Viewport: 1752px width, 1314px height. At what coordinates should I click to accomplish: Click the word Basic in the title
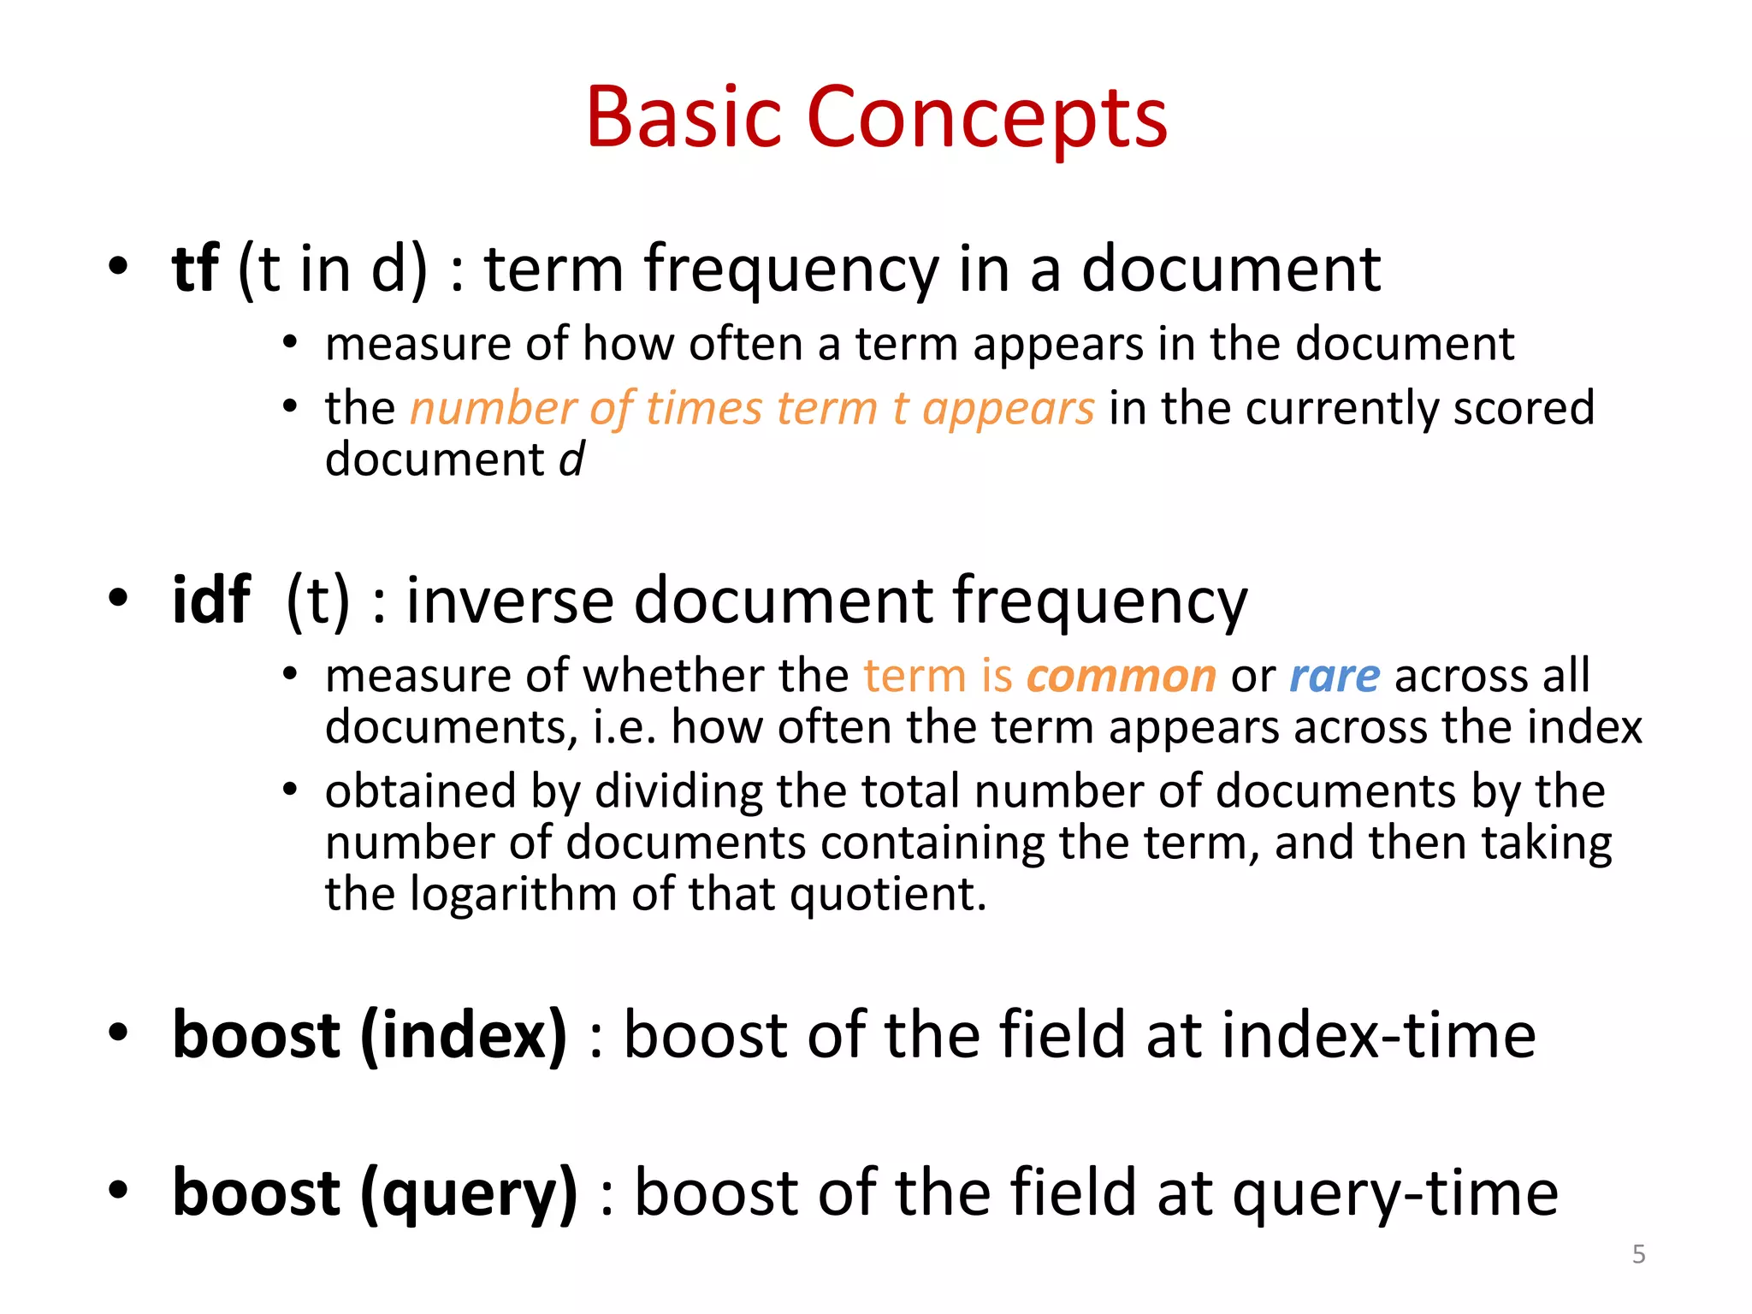click(684, 118)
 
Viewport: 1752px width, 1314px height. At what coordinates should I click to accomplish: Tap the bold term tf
click(195, 269)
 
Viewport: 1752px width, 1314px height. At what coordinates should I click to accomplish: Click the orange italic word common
click(1121, 677)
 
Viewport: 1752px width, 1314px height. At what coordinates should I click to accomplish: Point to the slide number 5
click(1638, 1254)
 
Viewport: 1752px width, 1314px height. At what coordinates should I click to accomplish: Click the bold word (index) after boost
click(464, 1035)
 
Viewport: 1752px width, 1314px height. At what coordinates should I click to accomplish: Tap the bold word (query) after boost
click(469, 1194)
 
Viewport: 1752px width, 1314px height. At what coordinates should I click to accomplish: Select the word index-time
click(1378, 1035)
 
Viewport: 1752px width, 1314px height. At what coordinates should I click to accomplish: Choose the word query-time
click(1395, 1194)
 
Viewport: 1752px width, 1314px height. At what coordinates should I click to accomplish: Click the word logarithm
click(512, 895)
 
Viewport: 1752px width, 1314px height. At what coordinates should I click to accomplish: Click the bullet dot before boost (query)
click(118, 1189)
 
